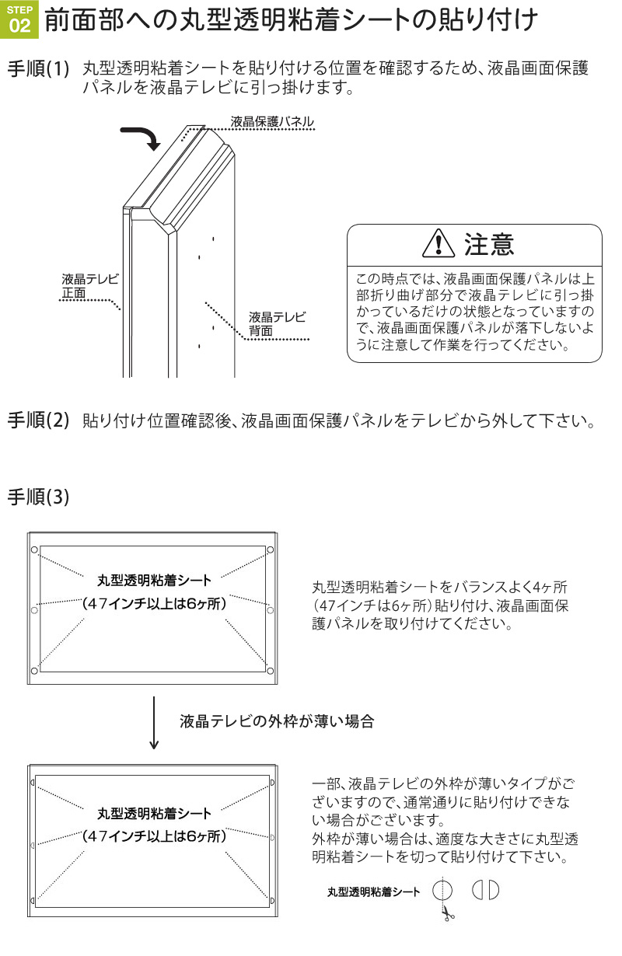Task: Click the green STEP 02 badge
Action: [19, 19]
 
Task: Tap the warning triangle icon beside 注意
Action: [439, 243]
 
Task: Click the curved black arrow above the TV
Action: [142, 138]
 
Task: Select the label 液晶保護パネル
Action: [272, 121]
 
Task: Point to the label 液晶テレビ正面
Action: [90, 286]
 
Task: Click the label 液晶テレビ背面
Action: [277, 323]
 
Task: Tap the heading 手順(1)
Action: [38, 68]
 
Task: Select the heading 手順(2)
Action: [38, 420]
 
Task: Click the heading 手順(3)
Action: [38, 497]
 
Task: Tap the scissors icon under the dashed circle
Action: [447, 914]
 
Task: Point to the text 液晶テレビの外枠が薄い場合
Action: [277, 721]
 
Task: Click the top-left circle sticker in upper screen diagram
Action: [34, 550]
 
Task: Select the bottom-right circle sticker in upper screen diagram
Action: [271, 672]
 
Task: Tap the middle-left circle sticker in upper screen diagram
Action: [34, 610]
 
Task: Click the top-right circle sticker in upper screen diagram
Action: [271, 550]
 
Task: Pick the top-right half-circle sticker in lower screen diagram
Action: [273, 783]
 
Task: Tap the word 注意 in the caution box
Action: [489, 244]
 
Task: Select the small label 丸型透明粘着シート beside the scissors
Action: [373, 891]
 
